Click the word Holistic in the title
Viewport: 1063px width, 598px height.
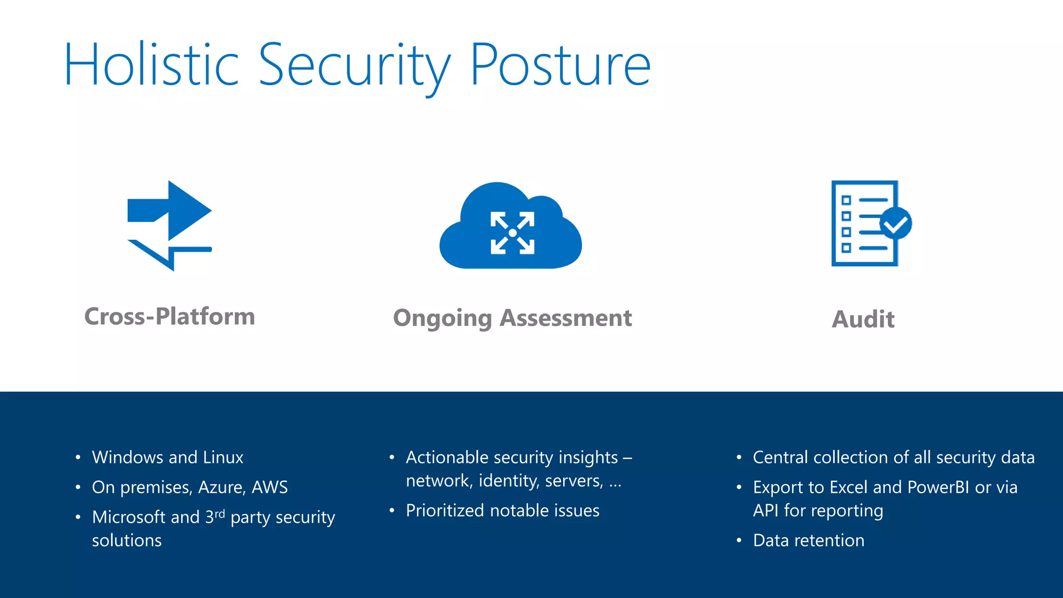click(151, 65)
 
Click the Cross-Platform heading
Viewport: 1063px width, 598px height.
click(170, 317)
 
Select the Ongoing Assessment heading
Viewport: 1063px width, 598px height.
click(512, 318)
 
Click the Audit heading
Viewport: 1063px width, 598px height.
click(863, 319)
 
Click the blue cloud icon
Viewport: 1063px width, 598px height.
click(511, 228)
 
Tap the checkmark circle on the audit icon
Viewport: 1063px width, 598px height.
click(896, 224)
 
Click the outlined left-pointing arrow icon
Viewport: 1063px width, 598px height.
click(166, 253)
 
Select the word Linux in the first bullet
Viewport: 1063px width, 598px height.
click(223, 457)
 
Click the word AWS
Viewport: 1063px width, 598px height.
click(269, 487)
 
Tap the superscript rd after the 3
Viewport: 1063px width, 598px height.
click(220, 513)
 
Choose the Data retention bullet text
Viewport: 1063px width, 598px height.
click(808, 540)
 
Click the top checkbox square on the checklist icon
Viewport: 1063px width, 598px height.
click(846, 200)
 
